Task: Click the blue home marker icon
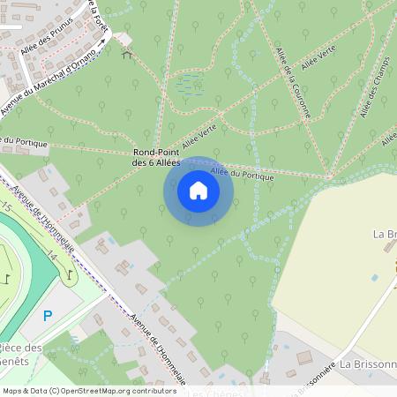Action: [x=198, y=191]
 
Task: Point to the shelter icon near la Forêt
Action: [x=125, y=54]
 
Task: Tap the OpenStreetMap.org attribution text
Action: [x=90, y=391]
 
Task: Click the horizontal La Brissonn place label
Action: [x=368, y=363]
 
